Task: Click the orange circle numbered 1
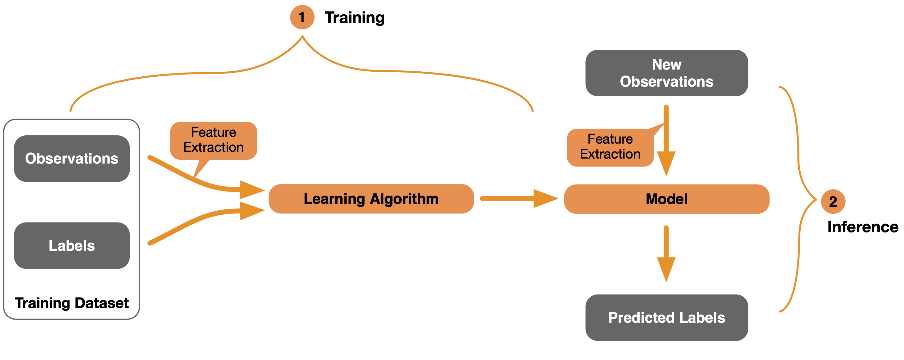[x=302, y=17]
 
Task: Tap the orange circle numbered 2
[x=833, y=201]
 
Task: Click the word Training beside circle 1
[x=354, y=18]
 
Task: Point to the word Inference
[x=863, y=227]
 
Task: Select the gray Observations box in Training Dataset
[x=72, y=159]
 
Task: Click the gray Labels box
[x=72, y=245]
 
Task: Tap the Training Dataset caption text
[x=72, y=303]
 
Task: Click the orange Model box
[x=666, y=199]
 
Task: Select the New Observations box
[x=666, y=73]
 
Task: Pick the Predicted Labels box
[x=666, y=317]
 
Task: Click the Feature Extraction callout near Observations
[x=213, y=140]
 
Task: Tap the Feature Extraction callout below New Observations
[x=610, y=147]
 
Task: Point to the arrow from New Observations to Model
[x=666, y=140]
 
